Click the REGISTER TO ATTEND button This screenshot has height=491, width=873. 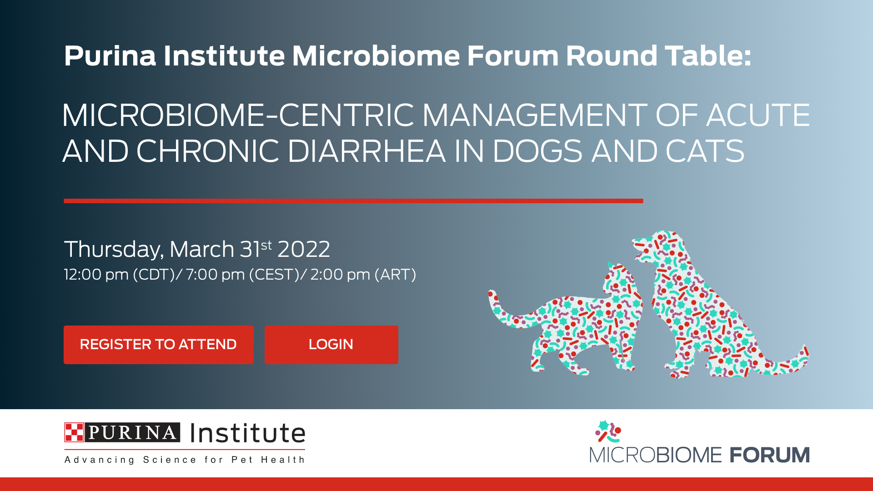[x=158, y=345]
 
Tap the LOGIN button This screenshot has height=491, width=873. [x=331, y=345]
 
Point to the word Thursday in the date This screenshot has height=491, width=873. [x=113, y=250]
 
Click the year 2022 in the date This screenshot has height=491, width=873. [x=304, y=250]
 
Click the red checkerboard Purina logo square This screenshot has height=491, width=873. [x=74, y=432]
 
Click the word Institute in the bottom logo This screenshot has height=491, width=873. [x=248, y=433]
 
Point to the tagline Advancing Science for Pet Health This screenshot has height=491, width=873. [x=184, y=460]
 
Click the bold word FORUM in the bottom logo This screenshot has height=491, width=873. [x=770, y=455]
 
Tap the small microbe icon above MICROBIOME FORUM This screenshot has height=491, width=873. [x=608, y=431]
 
